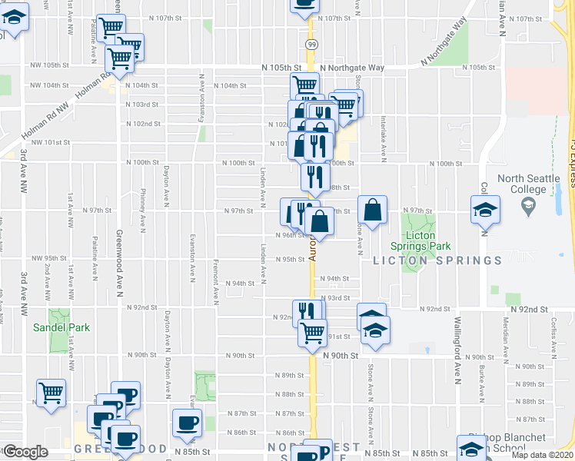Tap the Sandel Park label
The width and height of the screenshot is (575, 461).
(61, 327)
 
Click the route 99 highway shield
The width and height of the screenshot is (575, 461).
(311, 45)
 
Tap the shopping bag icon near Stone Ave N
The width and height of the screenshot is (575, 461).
(372, 211)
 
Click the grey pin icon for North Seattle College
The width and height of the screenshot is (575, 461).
(528, 205)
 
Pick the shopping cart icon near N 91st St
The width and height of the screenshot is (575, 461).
(312, 333)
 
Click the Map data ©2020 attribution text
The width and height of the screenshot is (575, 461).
(543, 455)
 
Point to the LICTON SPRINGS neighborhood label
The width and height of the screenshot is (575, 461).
(437, 260)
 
